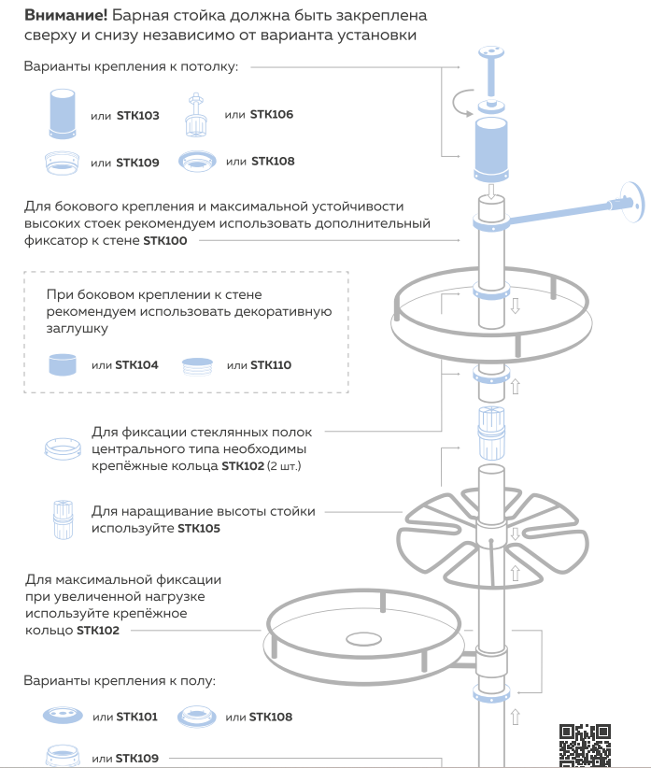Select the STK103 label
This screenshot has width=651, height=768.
(137, 116)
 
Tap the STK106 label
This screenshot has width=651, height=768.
(271, 114)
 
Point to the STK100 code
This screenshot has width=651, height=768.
(165, 240)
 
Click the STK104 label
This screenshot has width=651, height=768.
(136, 364)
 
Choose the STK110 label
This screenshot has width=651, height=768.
(271, 364)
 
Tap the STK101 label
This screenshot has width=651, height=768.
(136, 717)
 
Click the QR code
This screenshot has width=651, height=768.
(585, 744)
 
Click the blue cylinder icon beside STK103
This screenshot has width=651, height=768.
(62, 113)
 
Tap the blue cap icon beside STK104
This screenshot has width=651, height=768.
(62, 363)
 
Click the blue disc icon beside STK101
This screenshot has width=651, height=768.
(62, 717)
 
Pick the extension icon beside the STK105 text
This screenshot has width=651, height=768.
(63, 519)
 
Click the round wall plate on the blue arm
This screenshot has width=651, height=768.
(632, 199)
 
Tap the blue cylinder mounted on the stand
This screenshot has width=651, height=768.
(490, 147)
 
